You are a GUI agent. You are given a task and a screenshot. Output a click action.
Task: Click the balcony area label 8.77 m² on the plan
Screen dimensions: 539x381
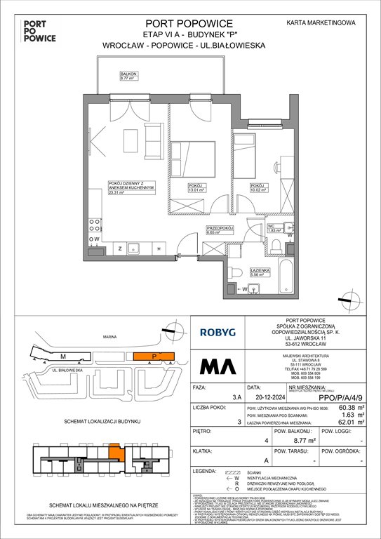tap(109, 79)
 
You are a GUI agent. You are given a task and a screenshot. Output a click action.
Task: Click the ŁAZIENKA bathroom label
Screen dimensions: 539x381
tap(250, 271)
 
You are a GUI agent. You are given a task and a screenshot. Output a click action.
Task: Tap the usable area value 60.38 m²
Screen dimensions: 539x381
tap(347, 424)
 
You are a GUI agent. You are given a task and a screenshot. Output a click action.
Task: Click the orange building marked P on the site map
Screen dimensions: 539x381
tap(153, 357)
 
